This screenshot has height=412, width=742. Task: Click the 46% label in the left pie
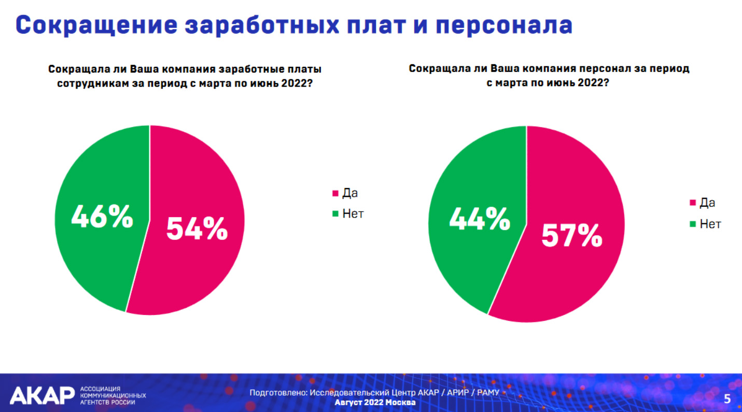point(102,216)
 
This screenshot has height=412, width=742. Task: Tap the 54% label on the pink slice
point(197,229)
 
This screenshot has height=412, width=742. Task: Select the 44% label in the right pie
point(480,218)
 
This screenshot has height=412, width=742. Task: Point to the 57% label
point(572,235)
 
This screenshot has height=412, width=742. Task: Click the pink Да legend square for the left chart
point(335,193)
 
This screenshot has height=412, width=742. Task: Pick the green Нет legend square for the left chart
point(335,214)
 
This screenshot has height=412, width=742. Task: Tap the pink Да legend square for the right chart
point(692,202)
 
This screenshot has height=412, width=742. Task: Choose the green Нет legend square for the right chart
point(692,224)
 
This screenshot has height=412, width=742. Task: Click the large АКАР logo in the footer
point(43,395)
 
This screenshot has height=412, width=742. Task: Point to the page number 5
point(727,399)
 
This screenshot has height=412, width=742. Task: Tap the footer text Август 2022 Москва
point(375,403)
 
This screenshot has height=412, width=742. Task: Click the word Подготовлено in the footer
point(278,393)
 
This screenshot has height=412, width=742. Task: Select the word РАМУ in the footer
point(488,393)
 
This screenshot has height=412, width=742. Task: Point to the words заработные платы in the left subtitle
point(270,69)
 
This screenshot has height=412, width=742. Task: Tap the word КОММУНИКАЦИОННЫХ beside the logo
point(113,396)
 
